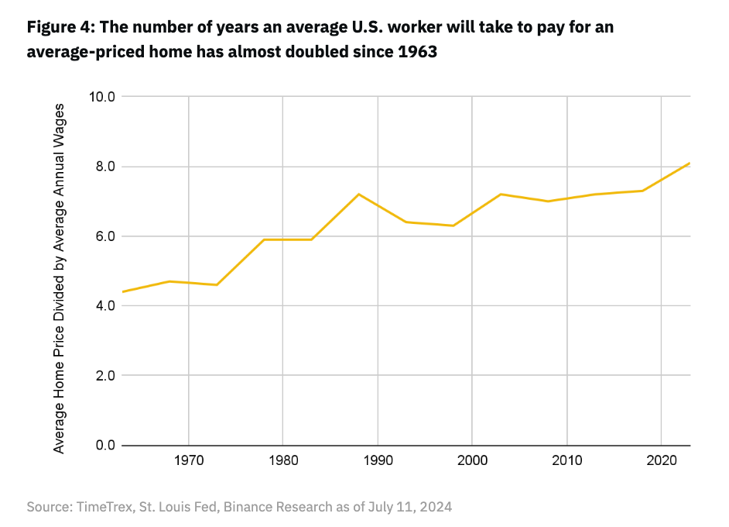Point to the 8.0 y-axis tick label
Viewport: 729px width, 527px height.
(x=102, y=167)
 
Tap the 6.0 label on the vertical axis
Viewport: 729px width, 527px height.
(x=102, y=236)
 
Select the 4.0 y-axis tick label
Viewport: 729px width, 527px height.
(x=102, y=306)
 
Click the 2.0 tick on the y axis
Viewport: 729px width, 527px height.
(x=102, y=376)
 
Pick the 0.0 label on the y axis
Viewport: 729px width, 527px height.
(x=102, y=446)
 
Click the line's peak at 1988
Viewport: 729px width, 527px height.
(x=358, y=194)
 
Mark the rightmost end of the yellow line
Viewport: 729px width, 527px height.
(x=689, y=164)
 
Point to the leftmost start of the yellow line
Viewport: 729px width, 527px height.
(x=122, y=292)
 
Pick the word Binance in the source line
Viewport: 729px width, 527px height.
(x=269, y=507)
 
